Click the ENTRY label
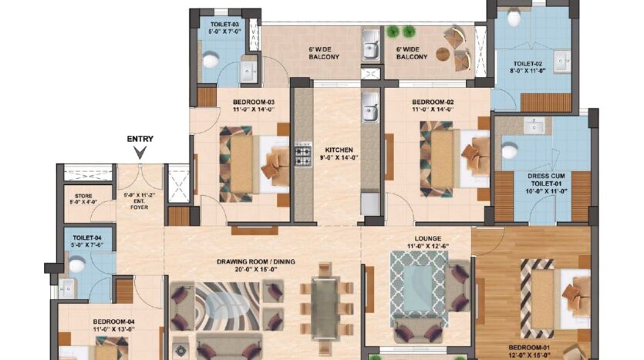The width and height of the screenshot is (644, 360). tap(140, 140)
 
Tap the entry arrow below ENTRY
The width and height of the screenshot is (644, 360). tap(140, 153)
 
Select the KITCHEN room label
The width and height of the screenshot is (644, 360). tap(339, 150)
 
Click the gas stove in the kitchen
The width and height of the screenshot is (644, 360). tap(303, 154)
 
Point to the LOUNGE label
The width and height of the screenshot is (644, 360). tap(428, 238)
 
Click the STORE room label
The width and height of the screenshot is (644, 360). tap(83, 197)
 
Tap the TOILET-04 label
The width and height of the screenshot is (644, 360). tap(87, 237)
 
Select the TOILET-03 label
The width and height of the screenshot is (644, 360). tap(224, 25)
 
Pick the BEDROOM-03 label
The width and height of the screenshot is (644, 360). tap(254, 103)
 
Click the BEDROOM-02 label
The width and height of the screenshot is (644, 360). tap(433, 103)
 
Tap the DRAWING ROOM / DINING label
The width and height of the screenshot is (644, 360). tap(256, 261)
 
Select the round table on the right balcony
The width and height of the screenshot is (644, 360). tap(443, 54)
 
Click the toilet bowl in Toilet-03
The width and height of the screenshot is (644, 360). tap(211, 60)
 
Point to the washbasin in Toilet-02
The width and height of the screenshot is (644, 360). tap(561, 62)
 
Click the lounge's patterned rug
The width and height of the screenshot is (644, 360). tap(419, 284)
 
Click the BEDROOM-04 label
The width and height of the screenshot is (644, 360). tap(114, 321)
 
